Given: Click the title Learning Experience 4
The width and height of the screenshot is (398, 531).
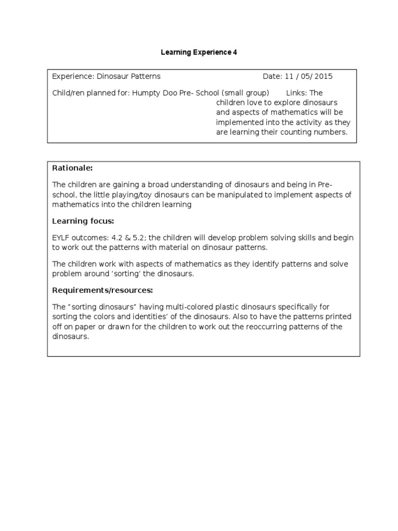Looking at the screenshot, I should coord(199,52).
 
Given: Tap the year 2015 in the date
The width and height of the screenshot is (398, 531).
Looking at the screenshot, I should coord(323,76).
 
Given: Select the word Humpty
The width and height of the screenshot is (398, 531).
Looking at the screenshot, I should coord(146,93).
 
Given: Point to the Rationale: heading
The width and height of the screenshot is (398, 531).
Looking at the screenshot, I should coord(73,168).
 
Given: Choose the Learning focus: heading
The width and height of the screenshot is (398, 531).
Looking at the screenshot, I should coord(83,221).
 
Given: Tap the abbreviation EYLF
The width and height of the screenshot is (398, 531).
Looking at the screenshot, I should coord(63,237).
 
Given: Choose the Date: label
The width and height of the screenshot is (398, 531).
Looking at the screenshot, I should coord(272,76).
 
